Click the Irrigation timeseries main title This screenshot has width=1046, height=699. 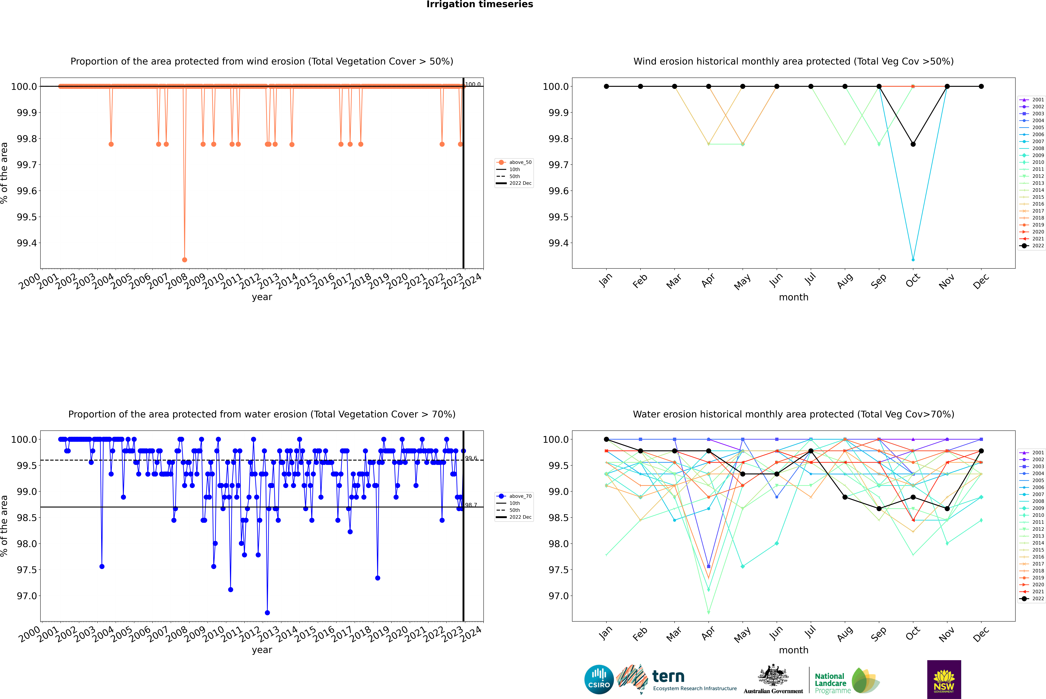[x=480, y=4]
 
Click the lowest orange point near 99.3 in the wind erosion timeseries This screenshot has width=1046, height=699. [x=185, y=259]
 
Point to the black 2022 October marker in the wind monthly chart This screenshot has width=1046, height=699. [x=913, y=144]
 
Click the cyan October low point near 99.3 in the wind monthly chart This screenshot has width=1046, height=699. [x=913, y=259]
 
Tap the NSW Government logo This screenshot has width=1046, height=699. [x=944, y=679]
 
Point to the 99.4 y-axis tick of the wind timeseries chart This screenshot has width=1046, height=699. [x=27, y=243]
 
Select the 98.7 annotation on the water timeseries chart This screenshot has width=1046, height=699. [x=471, y=505]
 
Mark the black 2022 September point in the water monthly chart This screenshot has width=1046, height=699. [x=879, y=509]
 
